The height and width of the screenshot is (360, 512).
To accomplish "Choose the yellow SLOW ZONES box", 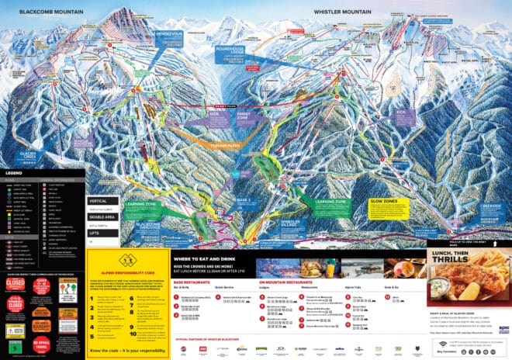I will pyautogui.click(x=383, y=203).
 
